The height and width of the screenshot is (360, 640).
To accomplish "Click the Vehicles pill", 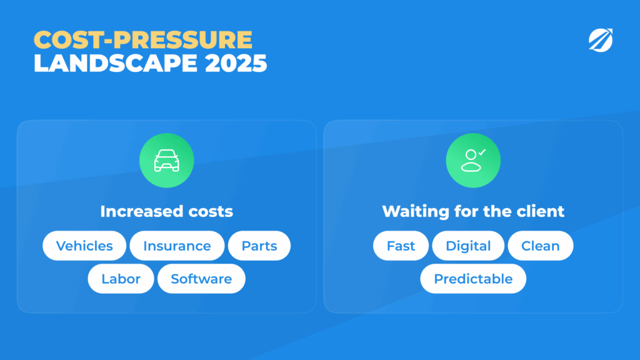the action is [x=84, y=246].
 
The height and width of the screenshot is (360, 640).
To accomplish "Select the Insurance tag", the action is [x=177, y=246].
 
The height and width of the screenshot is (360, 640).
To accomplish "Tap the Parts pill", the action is [x=259, y=246].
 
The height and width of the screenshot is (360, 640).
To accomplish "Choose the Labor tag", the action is [x=121, y=279].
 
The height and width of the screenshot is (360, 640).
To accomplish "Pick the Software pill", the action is [x=201, y=279].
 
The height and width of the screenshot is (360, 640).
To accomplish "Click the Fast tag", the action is [x=401, y=246].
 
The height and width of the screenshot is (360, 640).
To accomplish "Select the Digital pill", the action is [x=468, y=246].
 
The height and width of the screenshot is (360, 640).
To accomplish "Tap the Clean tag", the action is [x=541, y=246].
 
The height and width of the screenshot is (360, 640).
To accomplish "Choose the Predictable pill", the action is [x=473, y=279].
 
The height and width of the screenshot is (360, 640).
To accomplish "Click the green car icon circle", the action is [x=166, y=161].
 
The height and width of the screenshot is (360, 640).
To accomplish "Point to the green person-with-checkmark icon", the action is [x=473, y=161].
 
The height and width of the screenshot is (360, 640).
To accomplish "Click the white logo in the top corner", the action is [x=601, y=40].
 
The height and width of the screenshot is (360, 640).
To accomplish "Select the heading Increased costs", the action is [x=166, y=211].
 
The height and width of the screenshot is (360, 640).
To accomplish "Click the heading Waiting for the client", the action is [x=473, y=211].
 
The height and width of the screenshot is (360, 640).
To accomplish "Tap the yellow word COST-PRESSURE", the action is [x=143, y=39].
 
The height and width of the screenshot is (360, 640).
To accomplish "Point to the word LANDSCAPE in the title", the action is [x=116, y=63].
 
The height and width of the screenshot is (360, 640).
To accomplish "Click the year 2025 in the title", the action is [x=236, y=63].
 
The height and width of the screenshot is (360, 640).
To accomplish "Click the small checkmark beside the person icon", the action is [x=482, y=152].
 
